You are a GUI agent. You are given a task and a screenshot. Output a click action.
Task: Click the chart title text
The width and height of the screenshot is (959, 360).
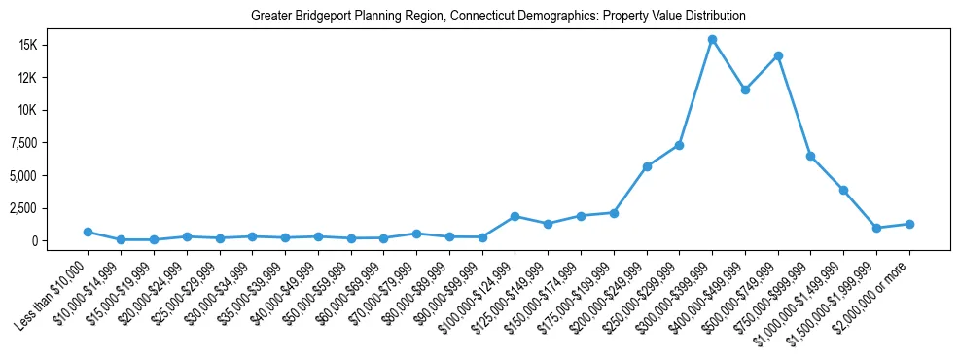(x=497, y=17)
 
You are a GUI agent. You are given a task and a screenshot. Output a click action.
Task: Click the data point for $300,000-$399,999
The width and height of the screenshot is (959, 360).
(x=712, y=40)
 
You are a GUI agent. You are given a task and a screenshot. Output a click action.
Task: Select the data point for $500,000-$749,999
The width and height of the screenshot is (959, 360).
(x=778, y=55)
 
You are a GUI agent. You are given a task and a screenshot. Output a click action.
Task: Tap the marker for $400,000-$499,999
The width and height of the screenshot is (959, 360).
(x=745, y=90)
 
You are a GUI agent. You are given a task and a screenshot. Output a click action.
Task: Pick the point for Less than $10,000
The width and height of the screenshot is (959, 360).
(x=88, y=232)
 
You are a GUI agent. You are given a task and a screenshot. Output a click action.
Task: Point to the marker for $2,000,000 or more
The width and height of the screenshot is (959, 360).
(x=909, y=224)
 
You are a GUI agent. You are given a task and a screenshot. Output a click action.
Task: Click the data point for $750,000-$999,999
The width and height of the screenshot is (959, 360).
(x=810, y=156)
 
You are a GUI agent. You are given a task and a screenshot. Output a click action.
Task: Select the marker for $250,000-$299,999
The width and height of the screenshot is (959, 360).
(x=679, y=145)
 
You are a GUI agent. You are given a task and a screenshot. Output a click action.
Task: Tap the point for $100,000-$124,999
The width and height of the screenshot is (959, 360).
(x=515, y=216)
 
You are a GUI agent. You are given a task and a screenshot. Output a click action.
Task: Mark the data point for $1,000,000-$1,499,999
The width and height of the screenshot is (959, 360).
(x=843, y=190)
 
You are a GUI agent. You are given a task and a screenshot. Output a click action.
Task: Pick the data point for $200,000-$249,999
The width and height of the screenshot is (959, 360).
(x=646, y=166)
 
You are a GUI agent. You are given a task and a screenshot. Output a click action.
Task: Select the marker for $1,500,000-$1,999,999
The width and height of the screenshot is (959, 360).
(x=876, y=228)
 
